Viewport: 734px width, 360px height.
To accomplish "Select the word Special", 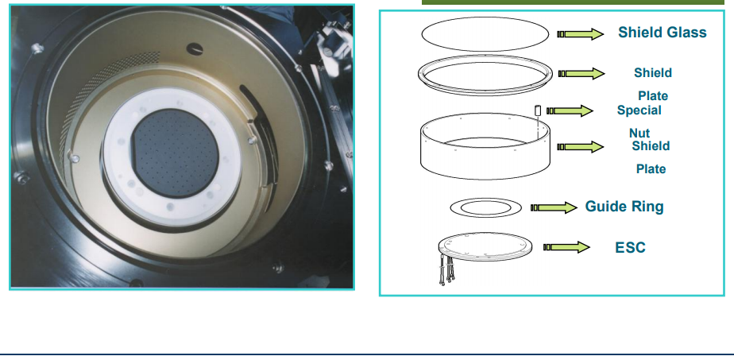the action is (639, 110).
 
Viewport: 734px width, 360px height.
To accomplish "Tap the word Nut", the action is (639, 133).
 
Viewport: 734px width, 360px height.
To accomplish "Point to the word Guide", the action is (605, 207).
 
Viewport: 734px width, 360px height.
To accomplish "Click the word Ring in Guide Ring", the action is (646, 207).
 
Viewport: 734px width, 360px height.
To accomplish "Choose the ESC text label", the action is (630, 247).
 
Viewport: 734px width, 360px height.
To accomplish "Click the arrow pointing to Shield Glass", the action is (580, 33).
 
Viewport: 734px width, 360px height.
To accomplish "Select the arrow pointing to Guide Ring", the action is (554, 207).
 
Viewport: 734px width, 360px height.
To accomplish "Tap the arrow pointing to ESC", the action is (566, 246).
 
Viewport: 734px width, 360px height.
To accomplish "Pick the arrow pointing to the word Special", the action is (570, 110).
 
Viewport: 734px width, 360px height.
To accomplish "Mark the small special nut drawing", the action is (538, 110).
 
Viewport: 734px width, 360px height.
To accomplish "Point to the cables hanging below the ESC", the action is (446, 270).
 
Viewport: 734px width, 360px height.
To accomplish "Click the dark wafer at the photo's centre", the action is (175, 153).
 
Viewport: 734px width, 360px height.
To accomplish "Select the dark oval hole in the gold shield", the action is (195, 48).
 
